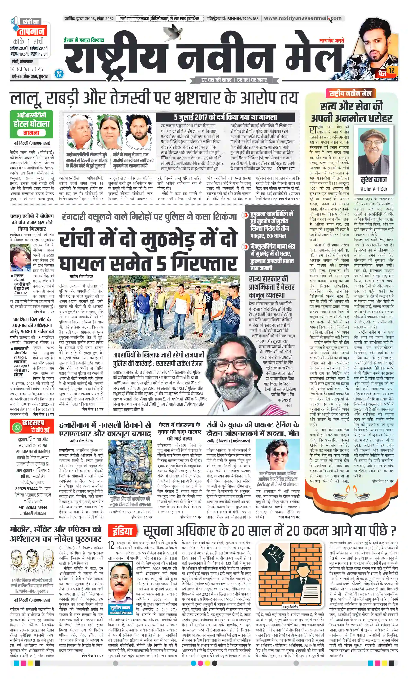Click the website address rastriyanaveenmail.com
click(x=303, y=18)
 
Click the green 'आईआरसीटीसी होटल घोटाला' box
click(x=31, y=124)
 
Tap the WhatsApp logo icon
click(x=17, y=427)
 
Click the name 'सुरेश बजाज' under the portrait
click(x=374, y=180)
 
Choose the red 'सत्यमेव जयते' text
click(x=331, y=40)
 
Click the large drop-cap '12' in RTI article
click(x=111, y=545)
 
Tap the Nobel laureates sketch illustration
click(x=32, y=561)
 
